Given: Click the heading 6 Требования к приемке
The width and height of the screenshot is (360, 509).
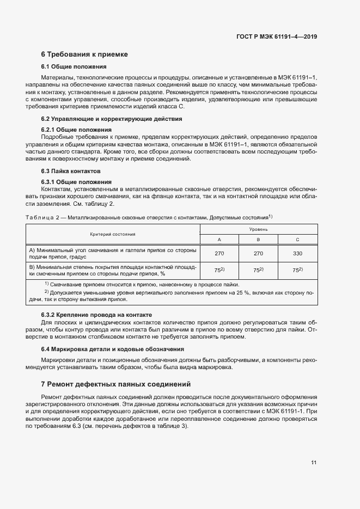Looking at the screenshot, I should point(84,54).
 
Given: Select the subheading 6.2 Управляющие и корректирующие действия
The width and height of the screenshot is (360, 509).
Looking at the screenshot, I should point(112,119).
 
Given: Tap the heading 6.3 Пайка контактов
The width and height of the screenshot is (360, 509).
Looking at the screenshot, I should point(71,171).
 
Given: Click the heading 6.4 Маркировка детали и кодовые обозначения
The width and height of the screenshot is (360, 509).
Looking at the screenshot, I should point(113,349).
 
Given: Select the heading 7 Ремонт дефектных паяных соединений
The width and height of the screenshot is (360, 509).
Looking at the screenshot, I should point(115,384).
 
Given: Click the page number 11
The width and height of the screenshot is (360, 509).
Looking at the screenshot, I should point(314,463).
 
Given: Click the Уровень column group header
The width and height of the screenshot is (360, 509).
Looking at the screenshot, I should point(258,230).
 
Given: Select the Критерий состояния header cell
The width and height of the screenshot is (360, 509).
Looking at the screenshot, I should point(113,234).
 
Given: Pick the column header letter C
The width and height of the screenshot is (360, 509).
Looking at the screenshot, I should point(297,240).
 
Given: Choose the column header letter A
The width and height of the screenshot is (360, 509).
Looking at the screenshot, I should point(219,240).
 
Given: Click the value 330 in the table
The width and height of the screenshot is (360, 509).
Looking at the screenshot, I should point(297,254).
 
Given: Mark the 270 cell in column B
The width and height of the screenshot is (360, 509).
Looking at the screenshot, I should point(258,254).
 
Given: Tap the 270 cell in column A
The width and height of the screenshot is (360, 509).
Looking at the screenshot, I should point(219,254).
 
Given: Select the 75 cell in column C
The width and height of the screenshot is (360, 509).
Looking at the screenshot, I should point(297,270).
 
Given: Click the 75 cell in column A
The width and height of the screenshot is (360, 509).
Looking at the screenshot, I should point(219,270).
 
